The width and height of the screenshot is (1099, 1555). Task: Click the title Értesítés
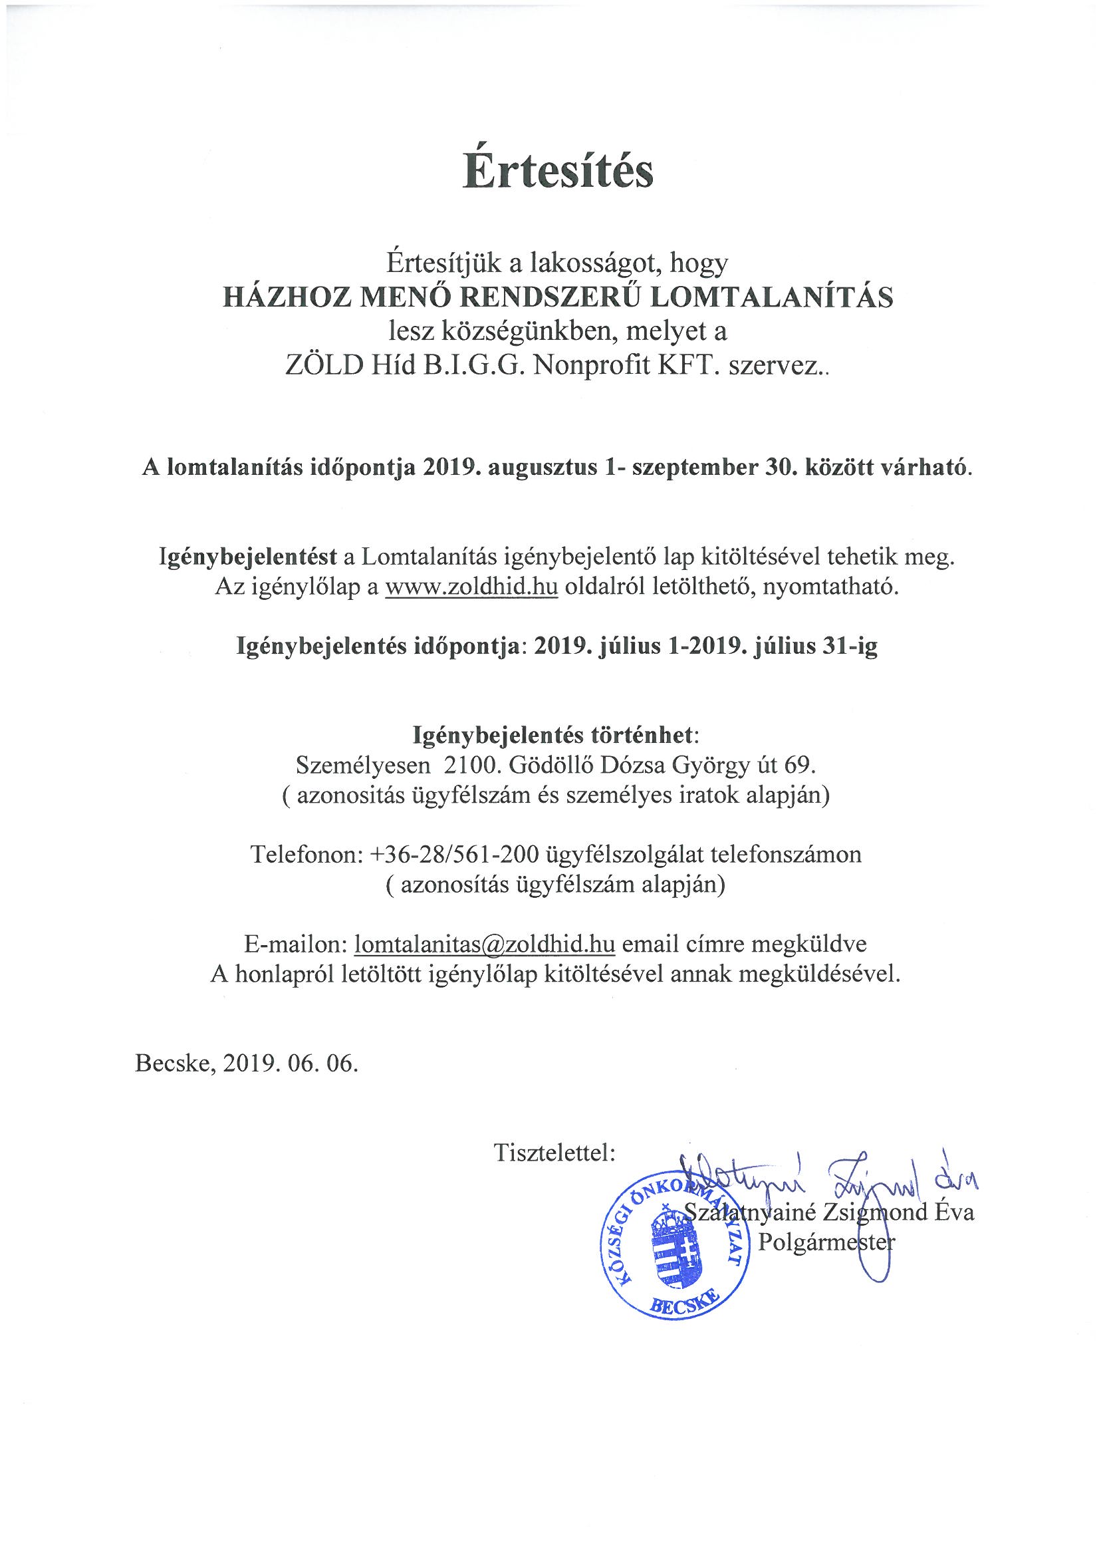[558, 172]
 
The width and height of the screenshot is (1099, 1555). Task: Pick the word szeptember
[694, 468]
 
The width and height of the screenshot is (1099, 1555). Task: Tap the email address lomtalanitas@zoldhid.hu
[484, 943]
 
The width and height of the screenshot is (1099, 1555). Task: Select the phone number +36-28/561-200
[454, 854]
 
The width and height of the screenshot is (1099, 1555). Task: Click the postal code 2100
[469, 765]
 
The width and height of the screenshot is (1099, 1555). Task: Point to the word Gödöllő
[552, 765]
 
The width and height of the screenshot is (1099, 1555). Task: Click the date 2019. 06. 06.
[291, 1063]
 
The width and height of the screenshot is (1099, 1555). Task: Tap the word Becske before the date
[176, 1063]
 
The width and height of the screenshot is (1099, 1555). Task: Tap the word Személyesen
[363, 765]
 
